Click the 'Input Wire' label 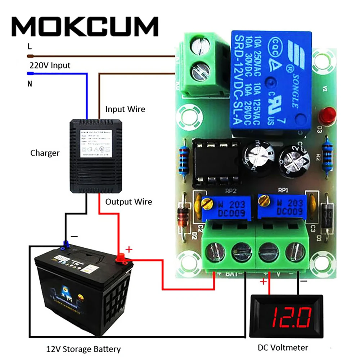pos(125,109)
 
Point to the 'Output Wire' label pos(129,202)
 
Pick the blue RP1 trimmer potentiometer pos(282,208)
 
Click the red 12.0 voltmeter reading pos(285,317)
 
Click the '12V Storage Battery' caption pos(84,349)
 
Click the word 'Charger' pos(45,153)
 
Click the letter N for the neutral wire pos(30,85)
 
